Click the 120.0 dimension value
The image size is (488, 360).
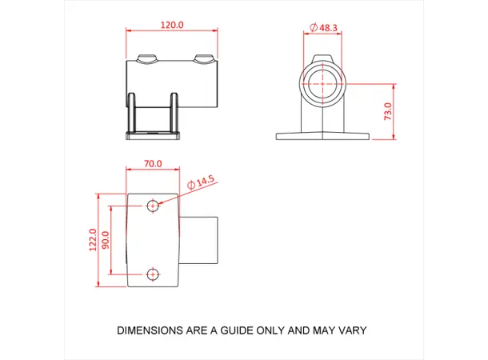171,25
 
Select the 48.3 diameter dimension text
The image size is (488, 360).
328,27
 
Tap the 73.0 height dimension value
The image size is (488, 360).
387,111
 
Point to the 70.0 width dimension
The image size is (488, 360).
153,163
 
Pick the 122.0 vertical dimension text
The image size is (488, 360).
93,239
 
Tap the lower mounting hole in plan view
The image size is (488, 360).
154,274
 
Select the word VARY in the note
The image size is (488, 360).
351,330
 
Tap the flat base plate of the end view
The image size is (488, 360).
322,136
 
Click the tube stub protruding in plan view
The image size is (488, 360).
200,239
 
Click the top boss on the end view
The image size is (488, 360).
322,58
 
